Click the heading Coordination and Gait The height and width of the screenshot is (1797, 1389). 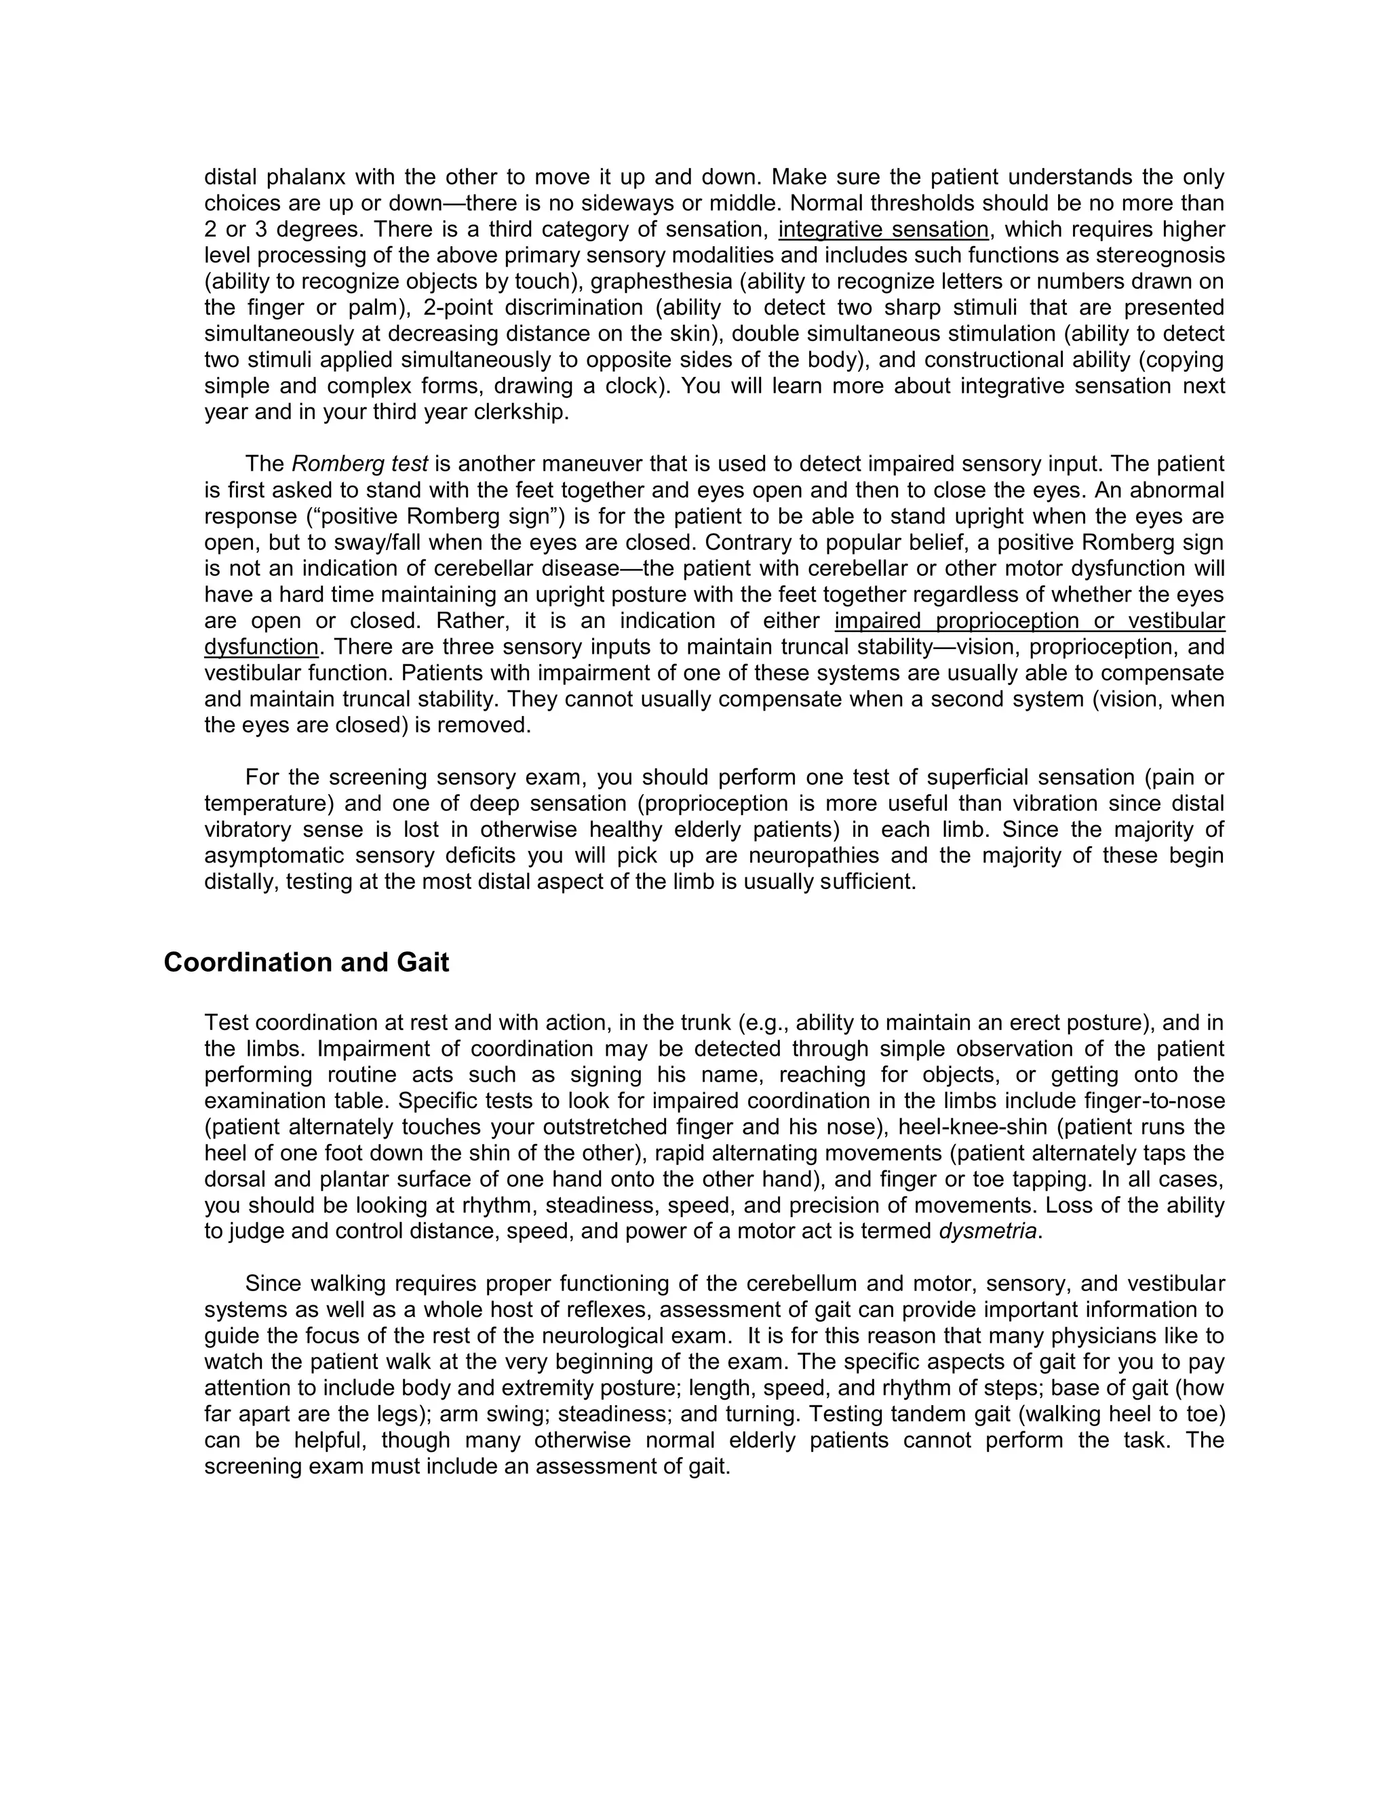point(306,962)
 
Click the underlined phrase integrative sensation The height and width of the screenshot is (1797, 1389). point(883,230)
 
